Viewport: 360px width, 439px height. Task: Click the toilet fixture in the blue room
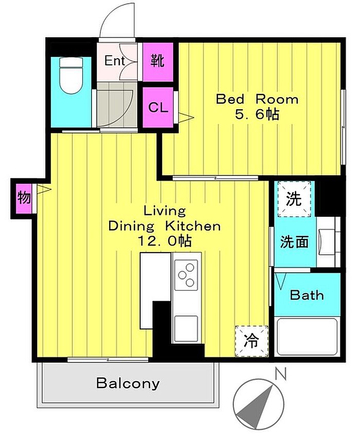(71, 76)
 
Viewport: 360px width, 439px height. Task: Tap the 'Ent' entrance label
(114, 61)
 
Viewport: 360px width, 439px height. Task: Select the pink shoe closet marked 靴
(158, 62)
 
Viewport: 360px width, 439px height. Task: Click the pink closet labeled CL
(158, 108)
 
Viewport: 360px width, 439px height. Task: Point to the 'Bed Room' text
(257, 99)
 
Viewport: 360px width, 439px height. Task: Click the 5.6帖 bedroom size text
(257, 114)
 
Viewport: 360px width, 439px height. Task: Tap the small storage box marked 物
(24, 198)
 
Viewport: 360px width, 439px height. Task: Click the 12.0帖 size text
(165, 241)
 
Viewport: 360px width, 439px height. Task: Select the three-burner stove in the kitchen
(186, 275)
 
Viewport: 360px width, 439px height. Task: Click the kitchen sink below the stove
(186, 328)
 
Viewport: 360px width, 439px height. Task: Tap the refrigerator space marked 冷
(251, 341)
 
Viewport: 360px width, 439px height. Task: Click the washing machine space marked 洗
(294, 199)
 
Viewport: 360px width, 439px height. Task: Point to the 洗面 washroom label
(295, 241)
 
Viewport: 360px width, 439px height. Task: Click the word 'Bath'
(307, 295)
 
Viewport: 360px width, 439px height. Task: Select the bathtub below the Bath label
(307, 337)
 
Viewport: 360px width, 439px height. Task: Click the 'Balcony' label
(128, 383)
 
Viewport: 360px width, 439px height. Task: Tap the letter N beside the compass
(281, 374)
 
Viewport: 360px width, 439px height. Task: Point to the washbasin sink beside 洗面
(327, 241)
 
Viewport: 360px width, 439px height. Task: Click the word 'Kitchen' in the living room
(193, 226)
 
